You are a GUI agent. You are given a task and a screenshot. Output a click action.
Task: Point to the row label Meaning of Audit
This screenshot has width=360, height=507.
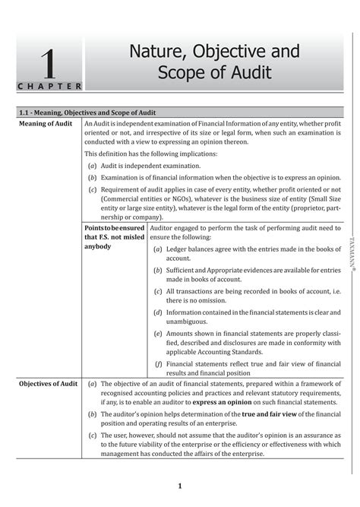tap(46, 123)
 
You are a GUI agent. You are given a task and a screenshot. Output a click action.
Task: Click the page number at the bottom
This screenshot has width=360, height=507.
tap(179, 486)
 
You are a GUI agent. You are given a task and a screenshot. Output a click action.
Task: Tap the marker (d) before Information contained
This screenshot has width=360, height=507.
tap(157, 311)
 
